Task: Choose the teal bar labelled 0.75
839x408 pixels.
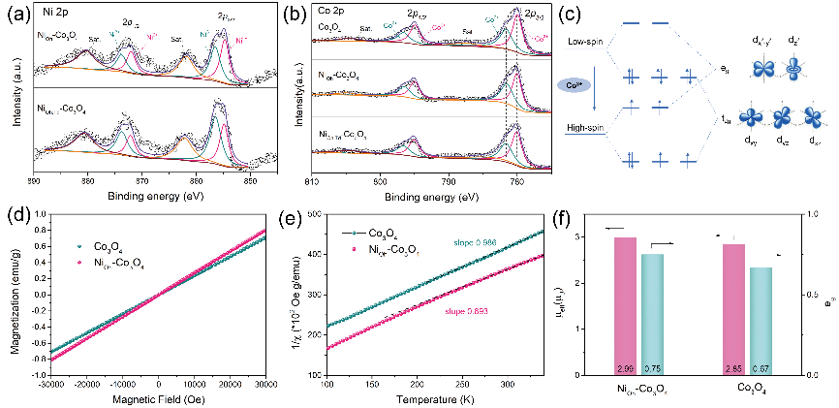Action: tap(653, 314)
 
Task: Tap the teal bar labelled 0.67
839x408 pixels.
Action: tap(775, 321)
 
